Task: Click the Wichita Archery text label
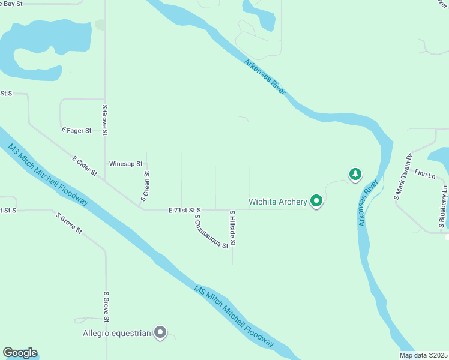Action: (278, 202)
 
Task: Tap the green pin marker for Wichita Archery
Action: (316, 202)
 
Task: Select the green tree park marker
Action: (355, 175)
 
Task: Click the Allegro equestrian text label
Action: (117, 332)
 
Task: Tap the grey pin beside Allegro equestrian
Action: (160, 332)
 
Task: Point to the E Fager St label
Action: (76, 130)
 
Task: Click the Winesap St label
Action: (125, 163)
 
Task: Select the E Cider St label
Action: (85, 166)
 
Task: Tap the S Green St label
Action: (145, 185)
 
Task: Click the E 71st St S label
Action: (184, 210)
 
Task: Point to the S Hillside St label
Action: (232, 229)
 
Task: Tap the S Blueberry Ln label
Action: (443, 204)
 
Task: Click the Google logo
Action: (19, 353)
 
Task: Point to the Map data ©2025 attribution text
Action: (424, 355)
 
